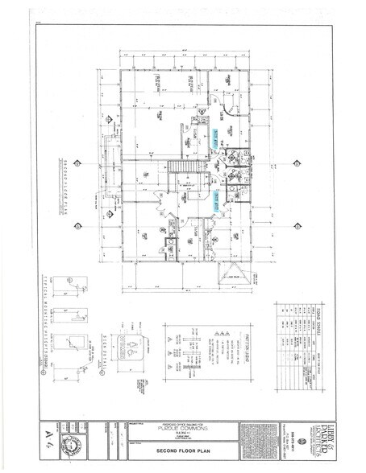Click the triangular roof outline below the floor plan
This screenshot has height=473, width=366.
(231, 272)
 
